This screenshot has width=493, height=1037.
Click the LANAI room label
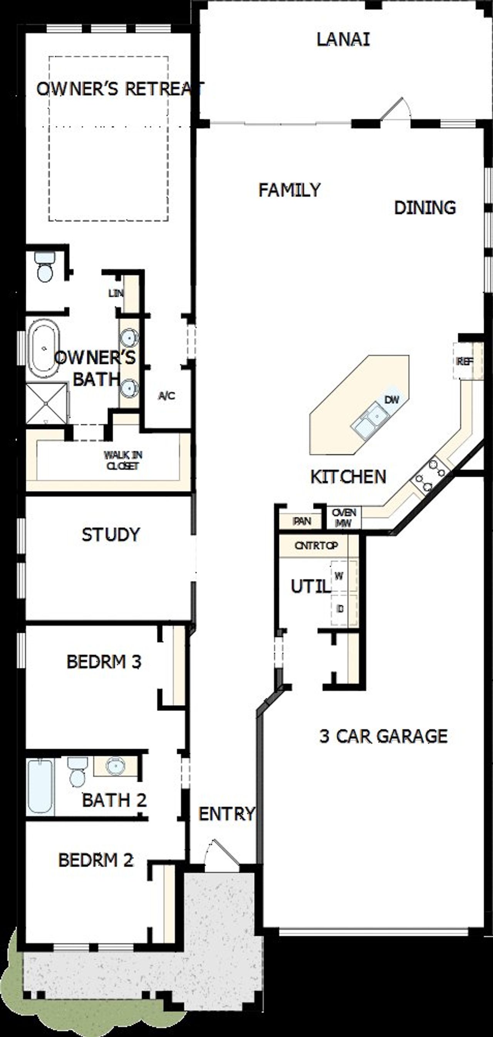[343, 39]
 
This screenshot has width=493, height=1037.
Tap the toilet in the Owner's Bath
[44, 267]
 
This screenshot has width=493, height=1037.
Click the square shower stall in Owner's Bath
[46, 403]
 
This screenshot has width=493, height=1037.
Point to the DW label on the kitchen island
[391, 400]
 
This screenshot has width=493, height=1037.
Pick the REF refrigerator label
[464, 361]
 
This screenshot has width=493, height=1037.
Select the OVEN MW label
[344, 518]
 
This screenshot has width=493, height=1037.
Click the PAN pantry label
[302, 521]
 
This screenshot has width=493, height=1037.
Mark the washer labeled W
[339, 576]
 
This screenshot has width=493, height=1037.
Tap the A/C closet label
[166, 396]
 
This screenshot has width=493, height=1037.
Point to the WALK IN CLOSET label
[123, 461]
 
